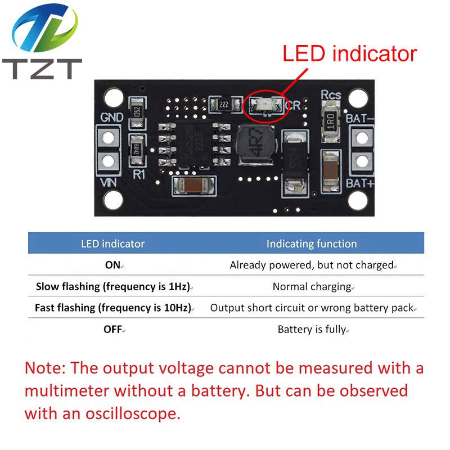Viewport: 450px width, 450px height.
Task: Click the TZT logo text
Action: click(x=42, y=69)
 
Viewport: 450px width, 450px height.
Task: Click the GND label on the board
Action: click(x=112, y=117)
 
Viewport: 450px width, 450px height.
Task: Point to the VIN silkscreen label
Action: click(x=108, y=182)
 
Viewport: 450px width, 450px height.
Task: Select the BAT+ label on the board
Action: click(x=360, y=183)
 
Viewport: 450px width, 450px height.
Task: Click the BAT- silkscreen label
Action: click(x=360, y=118)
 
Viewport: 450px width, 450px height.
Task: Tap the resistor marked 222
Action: click(x=224, y=105)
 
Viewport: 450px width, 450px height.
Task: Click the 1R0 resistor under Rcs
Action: click(x=331, y=121)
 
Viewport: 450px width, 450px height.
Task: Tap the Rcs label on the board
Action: click(x=331, y=94)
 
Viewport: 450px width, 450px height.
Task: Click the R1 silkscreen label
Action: click(x=139, y=174)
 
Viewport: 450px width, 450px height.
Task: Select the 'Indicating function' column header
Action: click(x=312, y=244)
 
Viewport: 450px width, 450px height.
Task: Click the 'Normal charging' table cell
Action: click(x=312, y=286)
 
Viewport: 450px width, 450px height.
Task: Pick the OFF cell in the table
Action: click(x=113, y=329)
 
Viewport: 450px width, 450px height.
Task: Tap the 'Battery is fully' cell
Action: click(x=312, y=329)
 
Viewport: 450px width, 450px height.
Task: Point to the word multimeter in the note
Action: click(x=66, y=390)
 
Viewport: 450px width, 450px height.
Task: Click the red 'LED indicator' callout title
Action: click(x=349, y=53)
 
